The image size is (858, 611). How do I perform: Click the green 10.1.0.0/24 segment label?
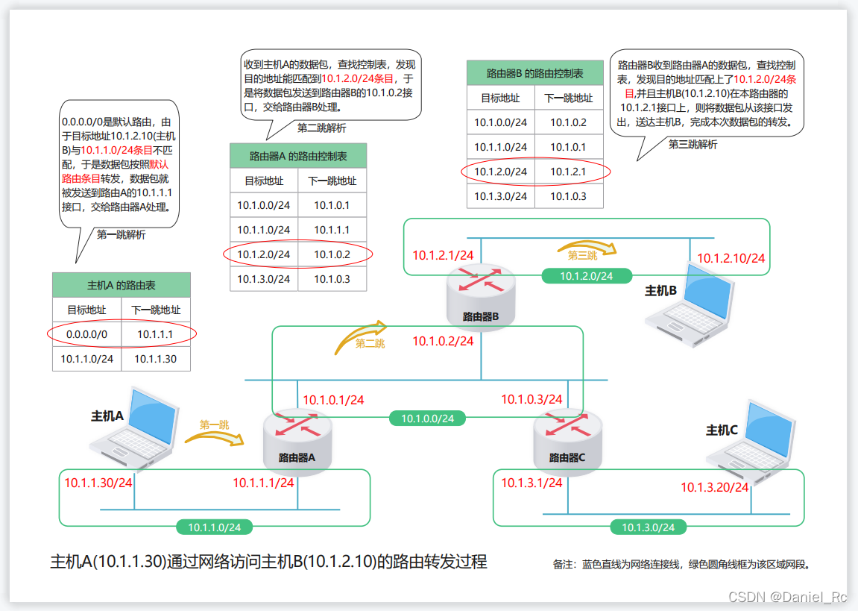(427, 419)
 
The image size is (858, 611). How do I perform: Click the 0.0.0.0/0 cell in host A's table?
(87, 334)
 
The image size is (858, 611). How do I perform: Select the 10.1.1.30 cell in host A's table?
(156, 359)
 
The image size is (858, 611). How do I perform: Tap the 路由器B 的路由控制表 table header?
(534, 73)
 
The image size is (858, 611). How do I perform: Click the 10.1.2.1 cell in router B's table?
(568, 172)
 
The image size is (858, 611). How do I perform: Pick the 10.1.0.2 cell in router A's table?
(332, 254)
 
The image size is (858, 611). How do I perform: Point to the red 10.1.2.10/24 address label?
(731, 258)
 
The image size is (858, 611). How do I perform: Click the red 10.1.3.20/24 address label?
(714, 487)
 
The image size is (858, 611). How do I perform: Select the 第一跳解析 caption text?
(122, 234)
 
